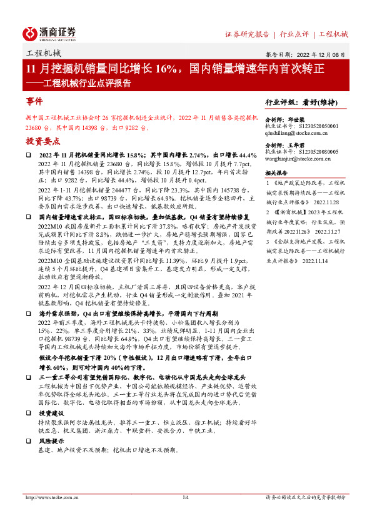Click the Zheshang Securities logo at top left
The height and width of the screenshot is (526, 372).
click(x=49, y=32)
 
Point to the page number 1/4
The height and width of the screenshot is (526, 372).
click(x=185, y=497)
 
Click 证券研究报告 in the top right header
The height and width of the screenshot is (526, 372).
click(x=247, y=34)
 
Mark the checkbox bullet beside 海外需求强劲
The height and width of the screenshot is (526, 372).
click(x=29, y=312)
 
